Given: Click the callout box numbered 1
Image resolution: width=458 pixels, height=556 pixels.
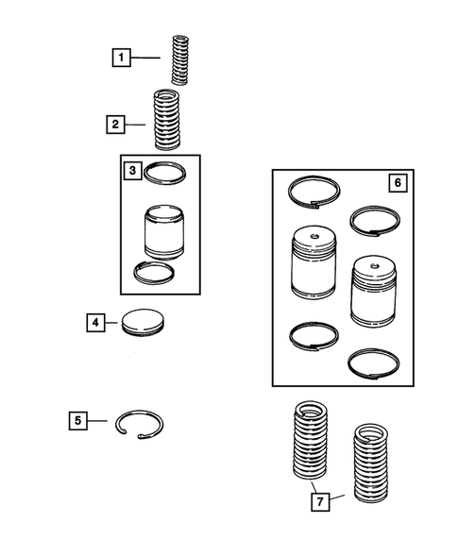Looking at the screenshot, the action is point(121,58).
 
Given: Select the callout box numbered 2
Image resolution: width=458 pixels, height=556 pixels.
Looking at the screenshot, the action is point(115,125).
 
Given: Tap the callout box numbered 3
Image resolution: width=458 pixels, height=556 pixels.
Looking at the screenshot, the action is point(133,171).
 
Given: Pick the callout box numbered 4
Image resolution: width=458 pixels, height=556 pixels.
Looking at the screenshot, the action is point(95,323).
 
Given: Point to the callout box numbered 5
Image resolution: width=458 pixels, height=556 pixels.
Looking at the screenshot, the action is point(78,421).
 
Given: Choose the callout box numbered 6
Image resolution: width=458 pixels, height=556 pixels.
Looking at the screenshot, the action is point(398,182).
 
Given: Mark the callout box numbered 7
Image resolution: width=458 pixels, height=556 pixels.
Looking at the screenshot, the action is point(320,502).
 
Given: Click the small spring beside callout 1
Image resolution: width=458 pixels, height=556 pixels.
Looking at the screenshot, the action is point(179,59).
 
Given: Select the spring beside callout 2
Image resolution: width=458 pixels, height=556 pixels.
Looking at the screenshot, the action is point(167,119).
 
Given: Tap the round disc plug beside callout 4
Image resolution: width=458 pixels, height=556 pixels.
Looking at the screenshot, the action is point(143,322).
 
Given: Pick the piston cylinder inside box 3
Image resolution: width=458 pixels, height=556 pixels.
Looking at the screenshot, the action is point(164,231).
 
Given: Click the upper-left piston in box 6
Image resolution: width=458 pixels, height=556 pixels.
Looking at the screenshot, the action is point(314,261).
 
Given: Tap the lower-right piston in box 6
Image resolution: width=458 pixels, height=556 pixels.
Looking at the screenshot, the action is point(373,291).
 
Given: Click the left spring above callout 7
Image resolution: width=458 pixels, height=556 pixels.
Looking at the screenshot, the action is point(311,441).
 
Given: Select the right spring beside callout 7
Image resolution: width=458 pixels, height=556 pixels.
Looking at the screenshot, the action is point(371,463).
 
